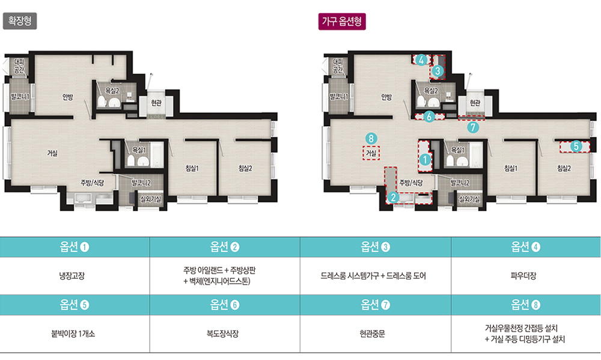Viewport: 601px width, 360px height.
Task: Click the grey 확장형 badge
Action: (20, 21)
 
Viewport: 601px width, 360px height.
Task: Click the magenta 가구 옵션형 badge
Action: (342, 22)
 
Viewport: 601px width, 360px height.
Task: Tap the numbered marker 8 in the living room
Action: (371, 138)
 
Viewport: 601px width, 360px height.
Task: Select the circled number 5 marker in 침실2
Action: (576, 146)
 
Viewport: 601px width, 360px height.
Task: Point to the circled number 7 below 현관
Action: (473, 127)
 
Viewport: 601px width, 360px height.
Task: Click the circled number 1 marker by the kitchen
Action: (425, 159)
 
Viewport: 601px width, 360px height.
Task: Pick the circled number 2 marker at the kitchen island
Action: (393, 198)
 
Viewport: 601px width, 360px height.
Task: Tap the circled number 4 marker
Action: (421, 60)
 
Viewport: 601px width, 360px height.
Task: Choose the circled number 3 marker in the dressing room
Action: (438, 71)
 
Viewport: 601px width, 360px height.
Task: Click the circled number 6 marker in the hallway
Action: (429, 116)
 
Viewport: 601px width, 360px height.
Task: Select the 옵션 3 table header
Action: (375, 247)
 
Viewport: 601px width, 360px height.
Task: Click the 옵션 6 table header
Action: (225, 305)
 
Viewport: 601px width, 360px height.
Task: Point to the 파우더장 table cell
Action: (523, 276)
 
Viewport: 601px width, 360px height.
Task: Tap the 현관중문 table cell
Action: (372, 334)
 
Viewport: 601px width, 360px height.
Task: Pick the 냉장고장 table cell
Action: (72, 276)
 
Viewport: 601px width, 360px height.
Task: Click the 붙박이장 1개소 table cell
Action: (73, 334)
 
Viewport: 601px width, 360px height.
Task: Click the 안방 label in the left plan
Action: (68, 97)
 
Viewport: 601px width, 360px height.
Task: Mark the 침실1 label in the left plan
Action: (192, 168)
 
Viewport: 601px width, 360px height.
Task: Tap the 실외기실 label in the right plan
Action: (469, 199)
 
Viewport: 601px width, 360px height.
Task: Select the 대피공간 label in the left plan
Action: (19, 66)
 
